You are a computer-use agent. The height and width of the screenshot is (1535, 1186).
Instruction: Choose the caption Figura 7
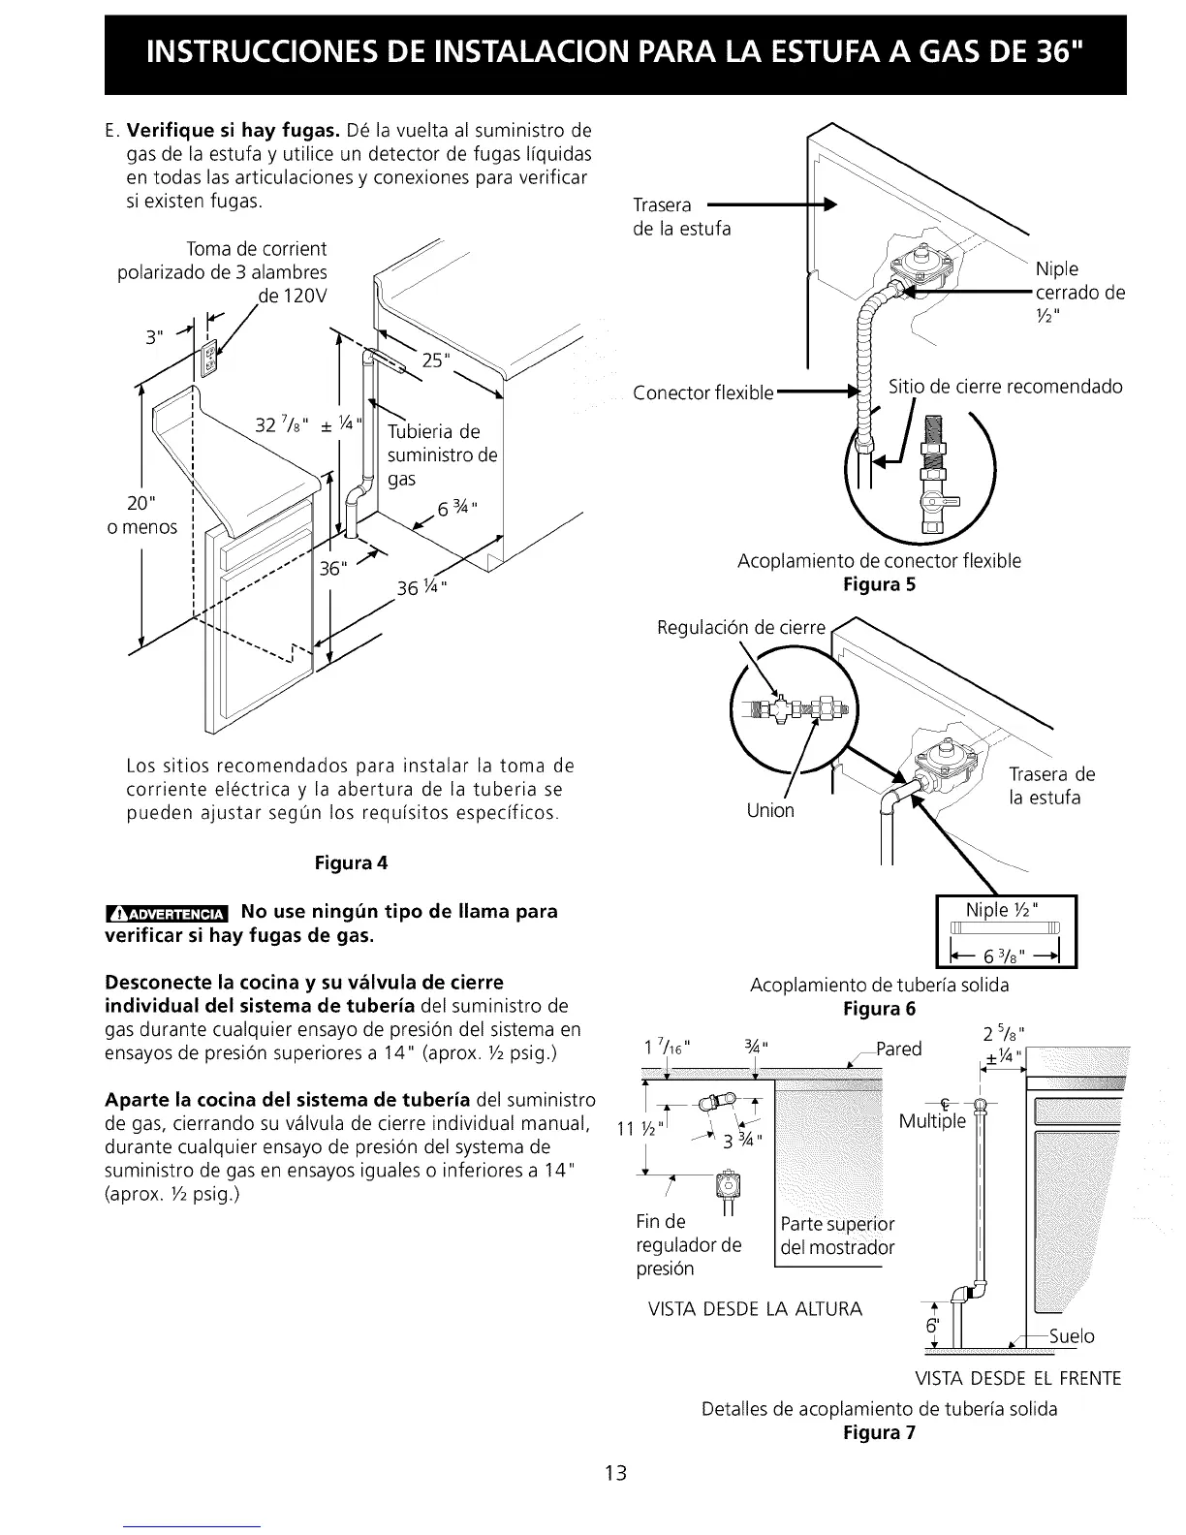(879, 1432)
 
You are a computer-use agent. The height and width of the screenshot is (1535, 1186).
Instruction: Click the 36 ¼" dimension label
(422, 588)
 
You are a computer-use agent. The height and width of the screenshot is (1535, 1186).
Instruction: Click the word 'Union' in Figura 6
(770, 810)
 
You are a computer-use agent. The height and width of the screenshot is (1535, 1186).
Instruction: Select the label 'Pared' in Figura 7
(899, 1049)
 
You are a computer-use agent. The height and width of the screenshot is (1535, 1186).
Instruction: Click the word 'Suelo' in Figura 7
(1073, 1337)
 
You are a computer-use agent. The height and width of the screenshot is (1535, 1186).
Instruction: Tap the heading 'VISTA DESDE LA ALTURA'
(754, 1310)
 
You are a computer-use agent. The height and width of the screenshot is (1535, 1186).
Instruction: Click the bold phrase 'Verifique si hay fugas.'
(233, 131)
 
